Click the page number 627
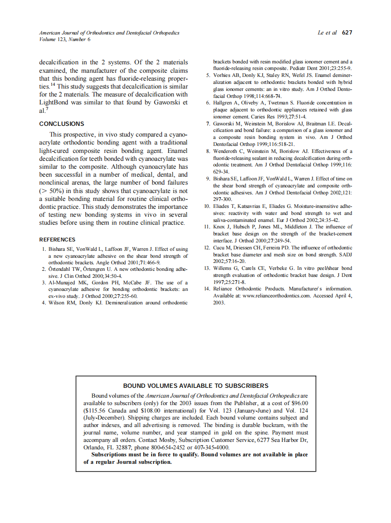click(347, 33)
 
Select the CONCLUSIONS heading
click(62, 124)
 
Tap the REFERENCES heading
click(58, 240)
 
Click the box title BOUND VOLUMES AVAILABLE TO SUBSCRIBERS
click(195, 385)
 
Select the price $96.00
click(297, 403)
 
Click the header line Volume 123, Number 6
click(65, 40)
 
